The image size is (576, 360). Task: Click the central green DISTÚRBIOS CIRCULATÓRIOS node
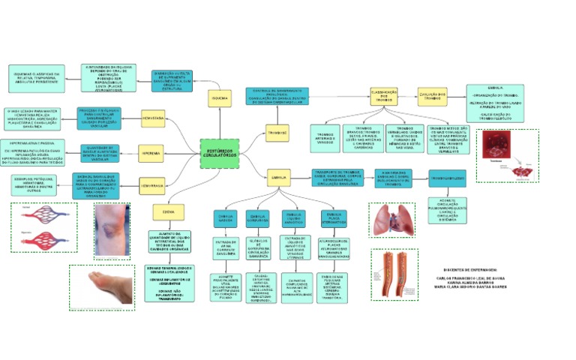220,153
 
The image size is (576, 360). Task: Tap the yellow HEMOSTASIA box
153,118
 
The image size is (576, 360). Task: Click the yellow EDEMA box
168,212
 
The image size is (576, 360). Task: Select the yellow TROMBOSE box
277,133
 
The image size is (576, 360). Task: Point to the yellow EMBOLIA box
277,178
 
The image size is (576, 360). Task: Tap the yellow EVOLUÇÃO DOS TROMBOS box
432,96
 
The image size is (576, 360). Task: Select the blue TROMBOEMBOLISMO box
448,177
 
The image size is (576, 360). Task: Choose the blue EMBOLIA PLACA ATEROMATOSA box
334,218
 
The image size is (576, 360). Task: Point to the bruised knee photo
112,230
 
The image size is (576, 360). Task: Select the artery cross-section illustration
394,274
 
